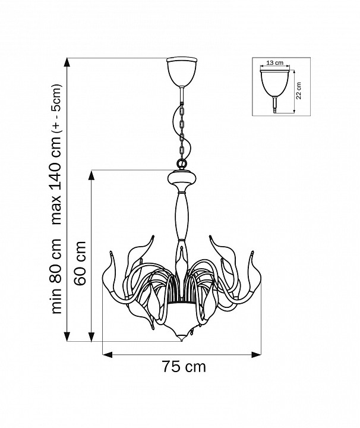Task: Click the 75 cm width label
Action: coord(184,366)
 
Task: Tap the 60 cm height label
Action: coord(80,263)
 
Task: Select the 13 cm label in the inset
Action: coord(274,63)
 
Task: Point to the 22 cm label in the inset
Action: coord(299,90)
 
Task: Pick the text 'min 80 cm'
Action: coord(56,276)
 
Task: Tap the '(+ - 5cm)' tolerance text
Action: coord(56,108)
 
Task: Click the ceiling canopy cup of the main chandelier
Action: coord(182,71)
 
